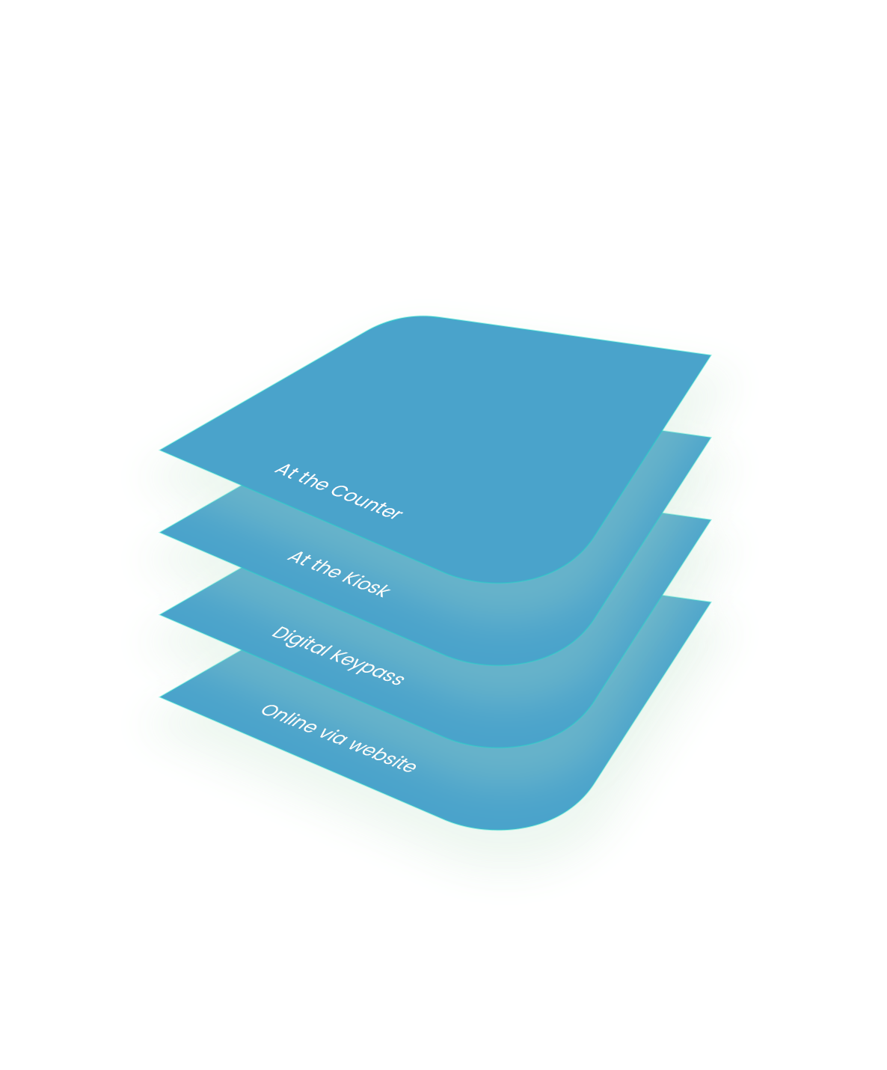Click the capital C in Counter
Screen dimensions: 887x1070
pyautogui.click(x=337, y=492)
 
